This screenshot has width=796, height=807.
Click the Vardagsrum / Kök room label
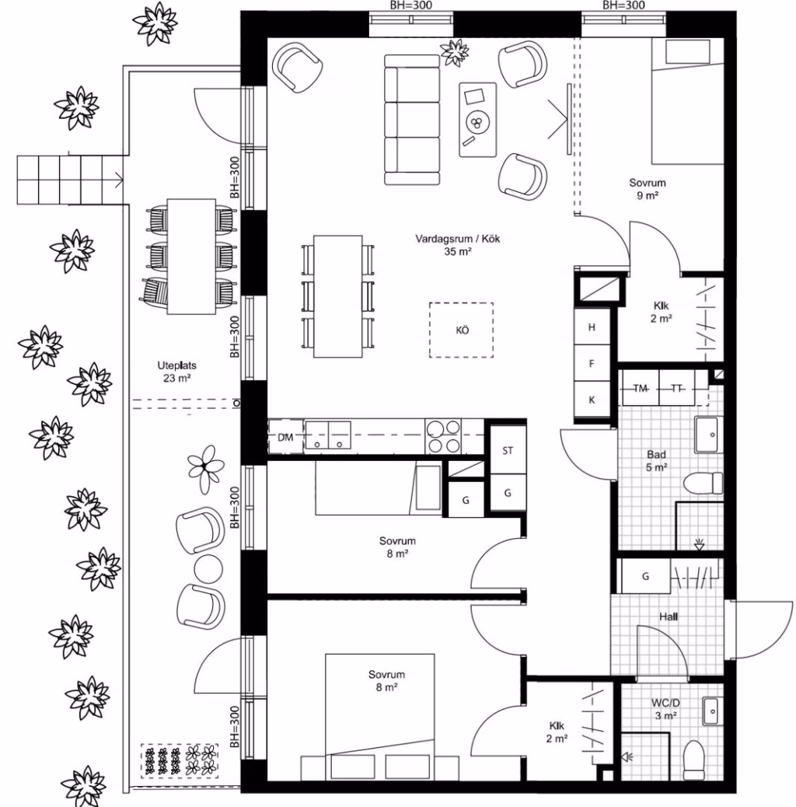point(457,245)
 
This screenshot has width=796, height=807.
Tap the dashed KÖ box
point(462,330)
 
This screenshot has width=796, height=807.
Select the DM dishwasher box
point(285,437)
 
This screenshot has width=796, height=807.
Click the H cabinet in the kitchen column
point(592,327)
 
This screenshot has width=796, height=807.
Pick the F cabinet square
point(592,363)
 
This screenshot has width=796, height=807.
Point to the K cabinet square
point(592,400)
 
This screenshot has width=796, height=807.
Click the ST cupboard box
point(508,450)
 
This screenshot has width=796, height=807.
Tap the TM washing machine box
point(641,388)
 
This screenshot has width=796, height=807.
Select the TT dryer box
point(676,388)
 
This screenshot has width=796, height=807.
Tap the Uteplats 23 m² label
point(176,372)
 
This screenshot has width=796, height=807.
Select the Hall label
point(669,616)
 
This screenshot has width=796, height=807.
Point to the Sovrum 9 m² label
point(648,188)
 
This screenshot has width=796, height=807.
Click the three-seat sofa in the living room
point(412,120)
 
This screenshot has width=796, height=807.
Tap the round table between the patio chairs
point(208,568)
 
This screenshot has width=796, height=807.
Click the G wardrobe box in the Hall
point(646,576)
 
